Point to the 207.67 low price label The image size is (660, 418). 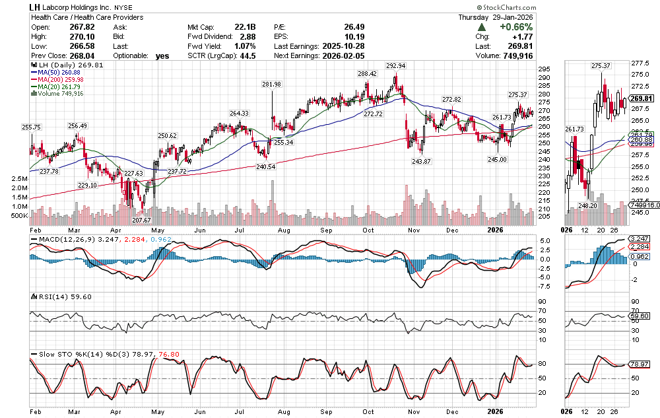coord(142,219)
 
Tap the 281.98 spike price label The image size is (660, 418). coord(271,84)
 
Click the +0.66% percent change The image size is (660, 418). coord(515,27)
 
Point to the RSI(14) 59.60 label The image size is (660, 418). coord(53,296)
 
